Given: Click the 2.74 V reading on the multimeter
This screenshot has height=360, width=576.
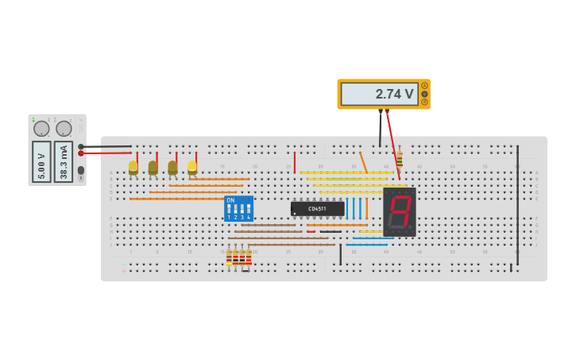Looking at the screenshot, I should (x=379, y=94).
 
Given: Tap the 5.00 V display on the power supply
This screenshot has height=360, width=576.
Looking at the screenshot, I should (x=41, y=161).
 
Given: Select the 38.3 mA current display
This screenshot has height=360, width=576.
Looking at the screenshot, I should (x=64, y=161).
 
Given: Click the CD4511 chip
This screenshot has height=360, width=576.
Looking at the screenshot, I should (x=317, y=208).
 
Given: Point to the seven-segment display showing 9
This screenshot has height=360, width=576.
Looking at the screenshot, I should (x=400, y=211).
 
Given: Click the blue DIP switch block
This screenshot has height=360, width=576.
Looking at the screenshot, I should (x=238, y=208).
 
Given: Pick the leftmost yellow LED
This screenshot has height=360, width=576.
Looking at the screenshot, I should (x=133, y=168).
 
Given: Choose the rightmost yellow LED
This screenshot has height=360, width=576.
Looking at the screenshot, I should (x=192, y=168).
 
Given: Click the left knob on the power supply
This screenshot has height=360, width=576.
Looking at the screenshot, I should (x=41, y=128).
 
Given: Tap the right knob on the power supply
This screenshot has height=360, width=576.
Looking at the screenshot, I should (x=64, y=128).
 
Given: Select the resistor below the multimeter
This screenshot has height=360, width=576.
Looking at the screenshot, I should (x=399, y=159).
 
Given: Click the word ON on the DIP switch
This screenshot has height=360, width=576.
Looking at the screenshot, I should (x=230, y=200).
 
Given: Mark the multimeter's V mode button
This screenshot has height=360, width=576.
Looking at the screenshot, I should (x=424, y=94).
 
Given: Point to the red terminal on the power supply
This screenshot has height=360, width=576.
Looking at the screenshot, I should (x=81, y=153).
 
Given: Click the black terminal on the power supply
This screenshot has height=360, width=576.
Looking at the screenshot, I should (x=81, y=146).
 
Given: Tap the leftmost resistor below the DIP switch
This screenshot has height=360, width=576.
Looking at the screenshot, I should (x=229, y=257).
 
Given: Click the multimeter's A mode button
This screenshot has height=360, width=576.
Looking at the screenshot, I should (x=424, y=86).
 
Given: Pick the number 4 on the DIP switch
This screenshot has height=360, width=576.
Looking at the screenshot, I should (x=249, y=217).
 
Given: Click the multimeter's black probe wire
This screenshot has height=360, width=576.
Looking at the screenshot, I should (x=380, y=127).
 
